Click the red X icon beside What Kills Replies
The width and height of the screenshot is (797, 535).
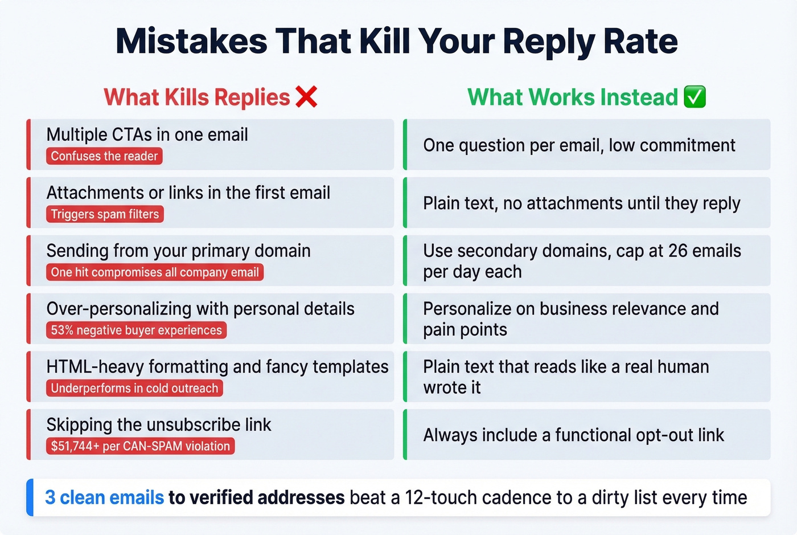306,97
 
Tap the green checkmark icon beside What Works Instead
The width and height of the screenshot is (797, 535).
695,97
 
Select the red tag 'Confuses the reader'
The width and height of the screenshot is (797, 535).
104,156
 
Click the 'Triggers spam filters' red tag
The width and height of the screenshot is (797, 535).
105,214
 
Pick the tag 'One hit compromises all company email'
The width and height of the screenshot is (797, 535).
155,272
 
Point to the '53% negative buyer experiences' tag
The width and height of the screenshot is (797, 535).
136,330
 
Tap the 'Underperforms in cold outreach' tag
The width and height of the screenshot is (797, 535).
134,389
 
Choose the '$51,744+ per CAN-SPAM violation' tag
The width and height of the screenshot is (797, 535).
140,446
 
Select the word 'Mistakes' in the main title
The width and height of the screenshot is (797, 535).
191,42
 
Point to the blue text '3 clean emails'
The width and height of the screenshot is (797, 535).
104,497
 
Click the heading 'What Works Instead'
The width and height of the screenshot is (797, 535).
573,97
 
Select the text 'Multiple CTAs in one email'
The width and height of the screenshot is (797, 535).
147,135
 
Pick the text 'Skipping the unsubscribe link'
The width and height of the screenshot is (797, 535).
159,424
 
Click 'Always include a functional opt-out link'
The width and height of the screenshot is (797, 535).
573,435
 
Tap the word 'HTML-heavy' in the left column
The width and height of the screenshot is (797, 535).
95,366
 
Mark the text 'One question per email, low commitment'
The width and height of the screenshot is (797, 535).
579,145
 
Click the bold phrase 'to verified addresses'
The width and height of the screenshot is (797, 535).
256,497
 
